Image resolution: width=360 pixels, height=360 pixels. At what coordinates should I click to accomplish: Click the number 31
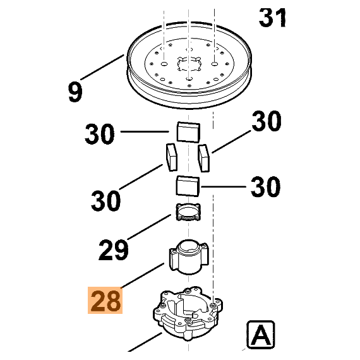point(272,18)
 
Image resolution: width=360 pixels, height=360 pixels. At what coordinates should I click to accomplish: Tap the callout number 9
point(76,92)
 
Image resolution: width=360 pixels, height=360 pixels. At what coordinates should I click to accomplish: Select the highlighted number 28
point(106,301)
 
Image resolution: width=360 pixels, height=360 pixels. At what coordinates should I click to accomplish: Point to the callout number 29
point(114,250)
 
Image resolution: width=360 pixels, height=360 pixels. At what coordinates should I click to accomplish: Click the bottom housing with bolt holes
point(185,315)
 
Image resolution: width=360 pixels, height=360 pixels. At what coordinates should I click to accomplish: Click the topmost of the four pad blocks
point(187,133)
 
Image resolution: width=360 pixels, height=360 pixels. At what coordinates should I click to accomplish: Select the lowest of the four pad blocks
point(187,186)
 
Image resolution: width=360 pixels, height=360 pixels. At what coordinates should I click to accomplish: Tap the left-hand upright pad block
point(171,157)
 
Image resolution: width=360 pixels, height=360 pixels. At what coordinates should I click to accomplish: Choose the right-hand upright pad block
point(203,158)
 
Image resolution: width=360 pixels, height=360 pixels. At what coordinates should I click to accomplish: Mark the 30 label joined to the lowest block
point(266,187)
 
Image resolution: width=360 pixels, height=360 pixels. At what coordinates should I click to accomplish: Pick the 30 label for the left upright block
point(106,201)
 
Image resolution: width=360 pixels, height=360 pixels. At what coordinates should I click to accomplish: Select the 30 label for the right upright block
point(266,121)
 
